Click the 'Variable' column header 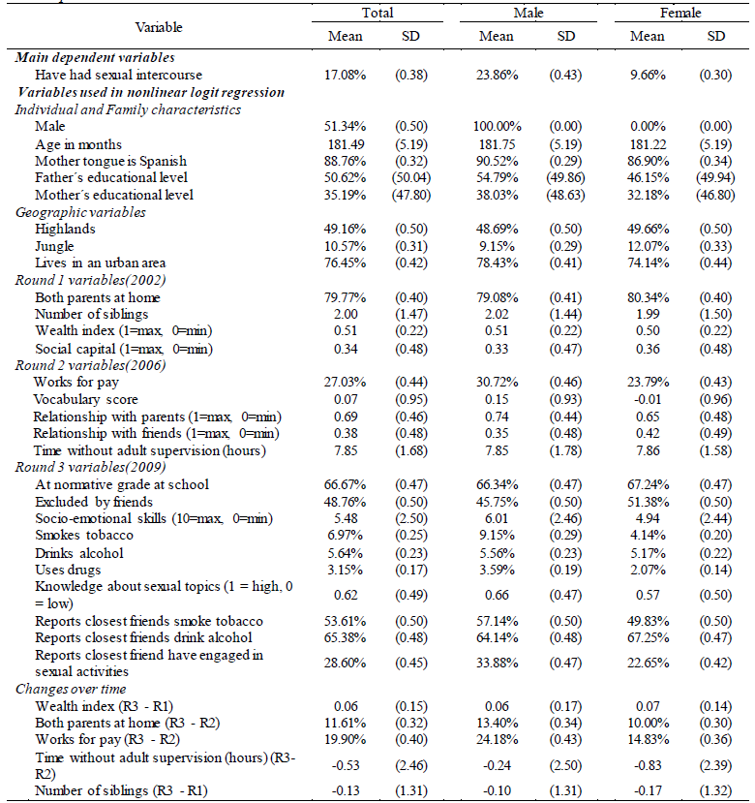click(x=159, y=27)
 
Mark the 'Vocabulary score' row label click(x=85, y=399)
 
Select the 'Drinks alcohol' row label click(x=79, y=553)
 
